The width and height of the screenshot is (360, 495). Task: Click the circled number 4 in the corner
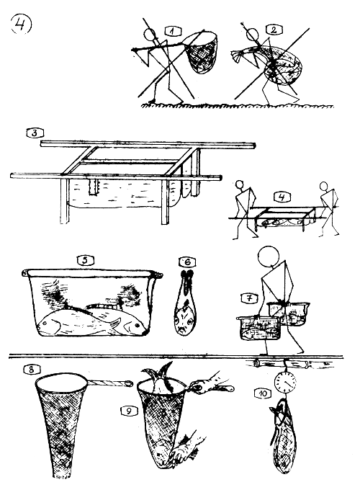[x=21, y=24]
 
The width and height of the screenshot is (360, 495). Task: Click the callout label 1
[x=173, y=31]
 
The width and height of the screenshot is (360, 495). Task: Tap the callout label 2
[x=274, y=30]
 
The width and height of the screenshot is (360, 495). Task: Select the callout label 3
[x=35, y=133]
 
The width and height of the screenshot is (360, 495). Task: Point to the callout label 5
[x=86, y=261]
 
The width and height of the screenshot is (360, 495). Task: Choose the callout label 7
[x=250, y=298]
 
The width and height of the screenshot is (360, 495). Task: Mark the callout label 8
[x=31, y=370]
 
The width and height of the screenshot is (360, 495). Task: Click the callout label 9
[x=128, y=411]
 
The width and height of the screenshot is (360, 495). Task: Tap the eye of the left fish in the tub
[x=45, y=324]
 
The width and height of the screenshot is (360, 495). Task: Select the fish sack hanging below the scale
[x=284, y=435]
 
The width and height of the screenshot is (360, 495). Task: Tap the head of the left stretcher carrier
[x=240, y=184]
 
